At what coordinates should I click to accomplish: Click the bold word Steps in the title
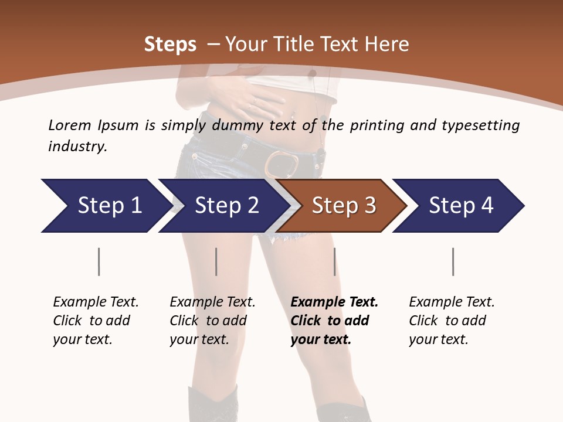tap(170, 45)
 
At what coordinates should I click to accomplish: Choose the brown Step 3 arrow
tap(342, 206)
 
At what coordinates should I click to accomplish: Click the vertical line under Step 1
tap(99, 261)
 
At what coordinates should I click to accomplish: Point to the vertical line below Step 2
tap(216, 261)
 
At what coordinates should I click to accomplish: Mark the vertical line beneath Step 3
tap(334, 261)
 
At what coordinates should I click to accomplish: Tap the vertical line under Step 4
tap(453, 261)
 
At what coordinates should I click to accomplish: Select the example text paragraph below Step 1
tap(95, 321)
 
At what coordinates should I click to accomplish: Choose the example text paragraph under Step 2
tap(212, 321)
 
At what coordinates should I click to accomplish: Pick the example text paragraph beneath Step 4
tap(451, 321)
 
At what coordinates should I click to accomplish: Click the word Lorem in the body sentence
tap(70, 125)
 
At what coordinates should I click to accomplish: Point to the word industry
tap(77, 147)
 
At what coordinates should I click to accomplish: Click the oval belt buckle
tap(282, 164)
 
